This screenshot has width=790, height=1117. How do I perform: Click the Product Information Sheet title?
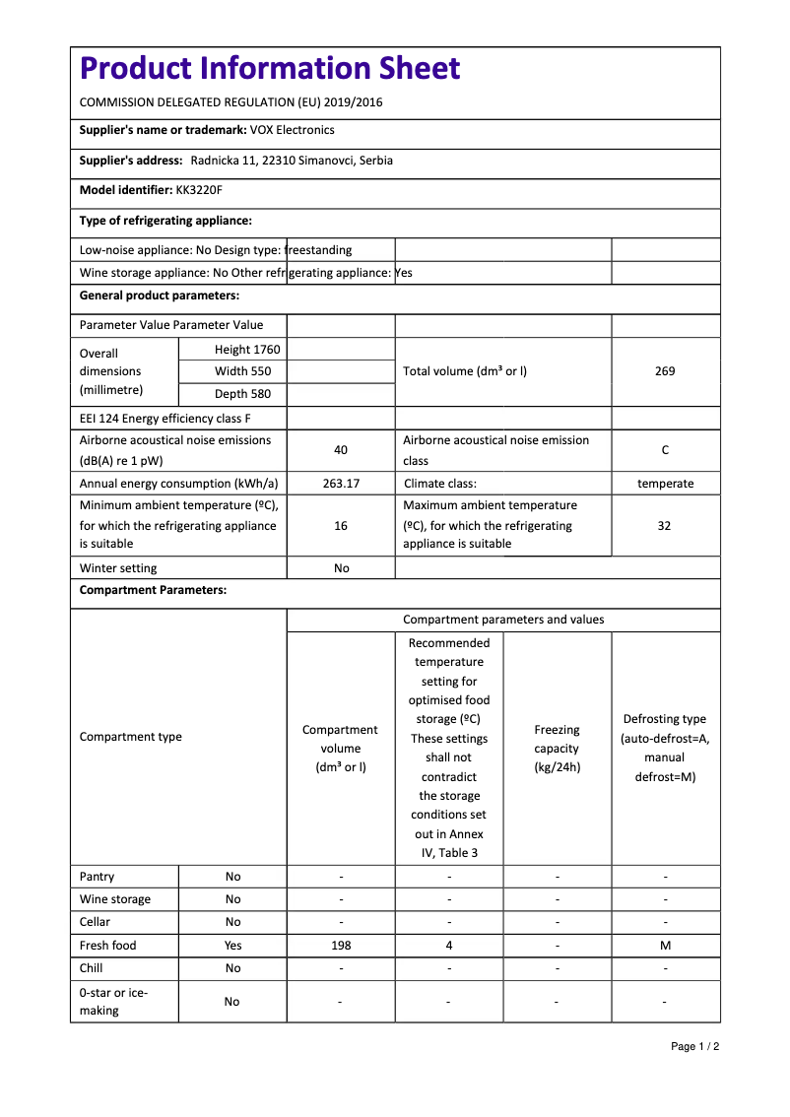[270, 68]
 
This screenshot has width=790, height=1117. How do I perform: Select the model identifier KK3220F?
[199, 190]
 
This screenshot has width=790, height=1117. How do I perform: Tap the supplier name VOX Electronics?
[293, 130]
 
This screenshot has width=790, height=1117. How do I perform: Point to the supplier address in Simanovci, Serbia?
[292, 161]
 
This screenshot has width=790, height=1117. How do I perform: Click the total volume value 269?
[665, 371]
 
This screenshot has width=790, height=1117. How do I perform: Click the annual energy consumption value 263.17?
[341, 484]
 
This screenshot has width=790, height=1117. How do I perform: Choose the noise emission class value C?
[665, 450]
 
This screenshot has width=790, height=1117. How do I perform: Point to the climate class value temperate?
[665, 484]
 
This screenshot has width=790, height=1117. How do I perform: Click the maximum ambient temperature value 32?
[665, 526]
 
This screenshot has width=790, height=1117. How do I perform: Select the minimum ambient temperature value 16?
[341, 526]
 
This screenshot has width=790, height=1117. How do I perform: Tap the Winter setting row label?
[118, 568]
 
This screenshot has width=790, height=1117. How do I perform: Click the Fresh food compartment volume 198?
[341, 946]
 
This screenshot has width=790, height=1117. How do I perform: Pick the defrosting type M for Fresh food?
[665, 946]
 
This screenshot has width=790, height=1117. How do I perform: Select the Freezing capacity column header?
[557, 749]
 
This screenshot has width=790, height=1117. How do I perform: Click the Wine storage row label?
[115, 899]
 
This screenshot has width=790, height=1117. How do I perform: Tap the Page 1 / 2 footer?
[694, 1046]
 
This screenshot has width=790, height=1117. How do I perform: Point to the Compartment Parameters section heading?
[153, 591]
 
